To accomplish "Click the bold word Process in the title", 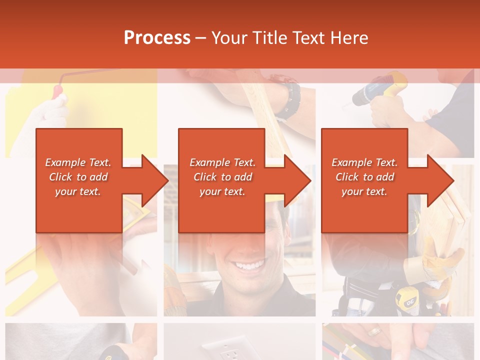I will coord(157,38).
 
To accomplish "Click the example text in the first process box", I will coord(78,177).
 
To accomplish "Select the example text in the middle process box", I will coord(222,177).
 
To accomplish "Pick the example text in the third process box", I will coord(364,177).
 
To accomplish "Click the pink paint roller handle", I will coord(58,93).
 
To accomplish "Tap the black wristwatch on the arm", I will coord(288,100).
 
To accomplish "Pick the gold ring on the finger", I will coord(373,331).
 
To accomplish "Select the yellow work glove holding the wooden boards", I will coord(440,265).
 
